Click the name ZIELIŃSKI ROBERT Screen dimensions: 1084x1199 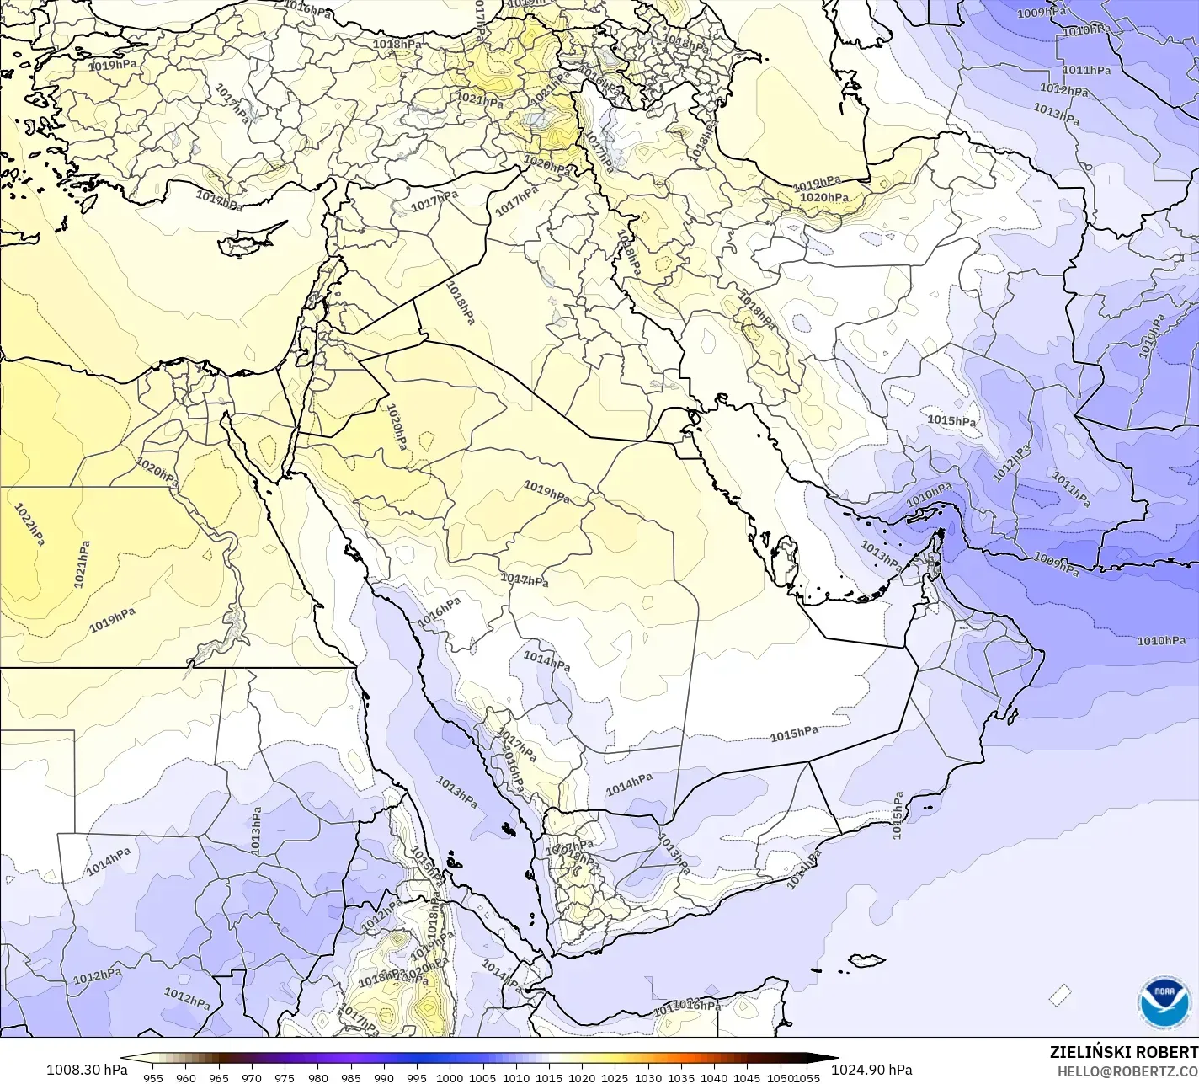(1123, 1052)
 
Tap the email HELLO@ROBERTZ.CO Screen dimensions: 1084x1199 (1127, 1071)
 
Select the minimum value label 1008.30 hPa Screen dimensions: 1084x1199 (87, 1070)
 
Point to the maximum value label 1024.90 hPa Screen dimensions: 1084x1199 (871, 1070)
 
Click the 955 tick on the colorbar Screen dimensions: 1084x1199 (152, 1077)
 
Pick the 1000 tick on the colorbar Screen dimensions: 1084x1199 (450, 1077)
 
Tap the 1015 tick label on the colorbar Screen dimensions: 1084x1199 (549, 1077)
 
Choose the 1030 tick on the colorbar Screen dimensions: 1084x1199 (647, 1077)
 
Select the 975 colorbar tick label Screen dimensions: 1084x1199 (285, 1077)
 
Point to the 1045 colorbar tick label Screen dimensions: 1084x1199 (747, 1077)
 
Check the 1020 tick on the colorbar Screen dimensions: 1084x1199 (582, 1077)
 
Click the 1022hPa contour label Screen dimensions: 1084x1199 (29, 524)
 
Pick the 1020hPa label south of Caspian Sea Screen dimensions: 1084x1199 (823, 198)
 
